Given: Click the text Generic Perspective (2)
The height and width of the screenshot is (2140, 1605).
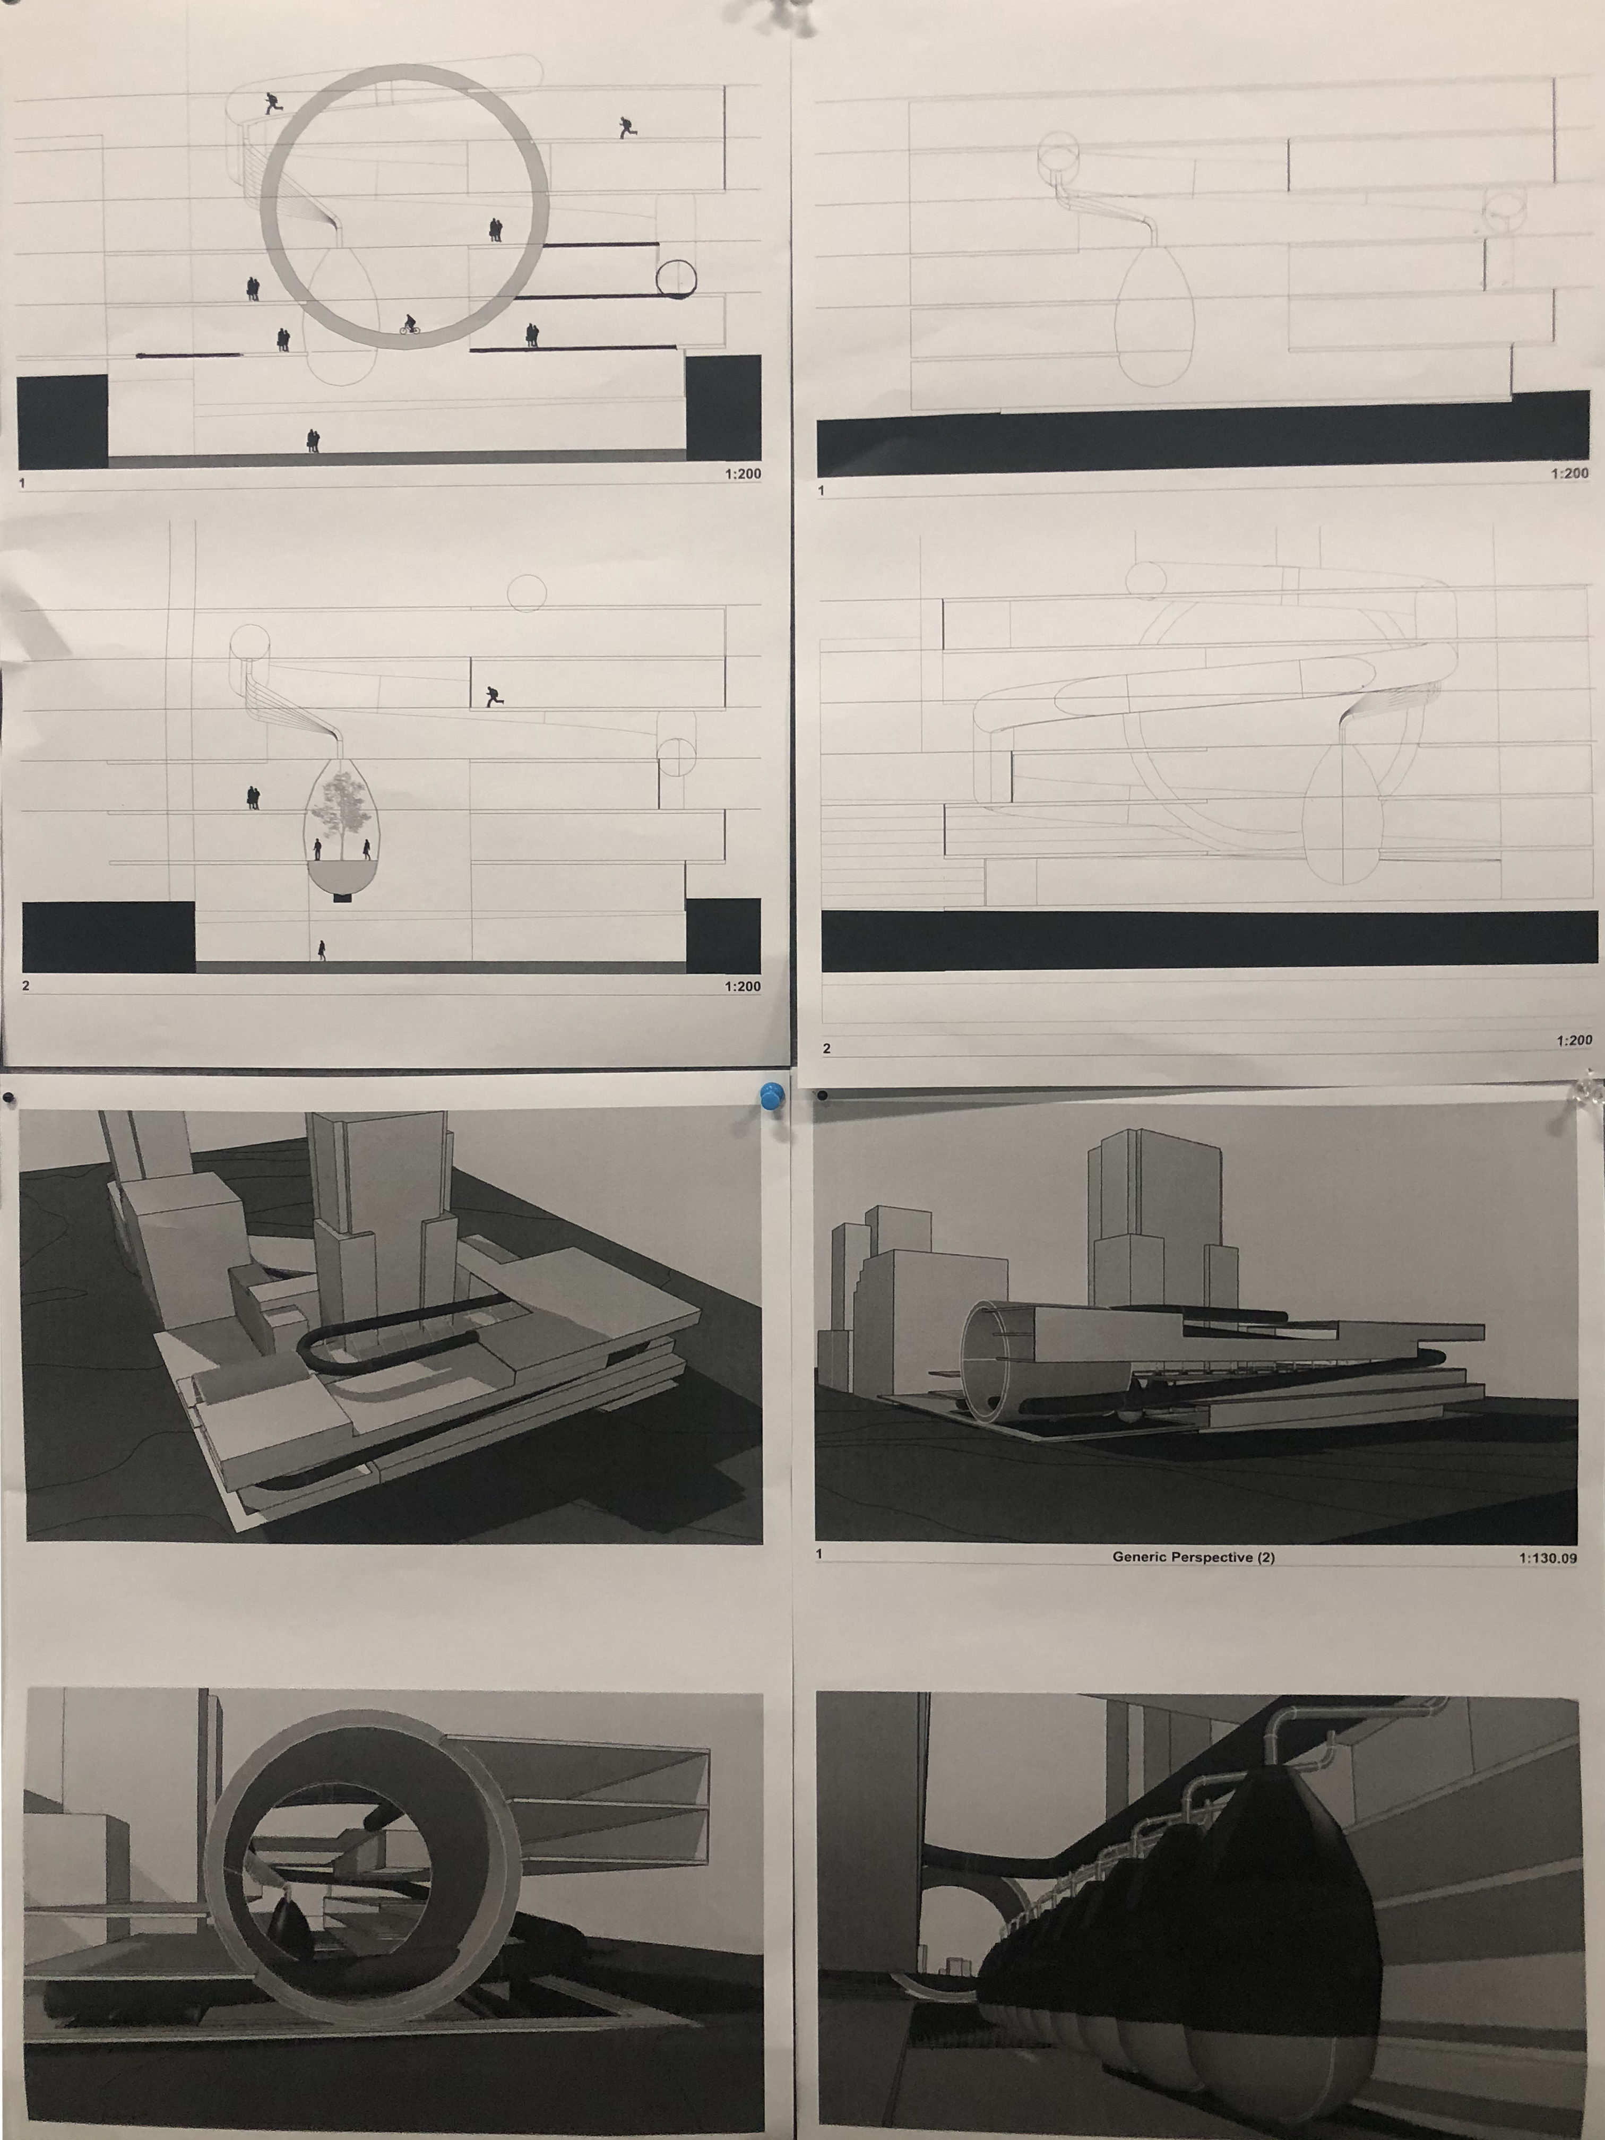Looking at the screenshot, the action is [1193, 1557].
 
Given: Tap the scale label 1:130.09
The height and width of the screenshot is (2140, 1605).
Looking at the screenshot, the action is [1547, 1558].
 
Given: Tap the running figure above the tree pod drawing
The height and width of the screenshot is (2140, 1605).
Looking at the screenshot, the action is [494, 696].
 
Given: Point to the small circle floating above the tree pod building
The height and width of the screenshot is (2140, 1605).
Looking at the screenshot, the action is [527, 592].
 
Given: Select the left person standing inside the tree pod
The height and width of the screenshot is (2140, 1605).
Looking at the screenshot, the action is [317, 849].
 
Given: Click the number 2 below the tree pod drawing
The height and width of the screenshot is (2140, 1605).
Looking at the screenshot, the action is [26, 986].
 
